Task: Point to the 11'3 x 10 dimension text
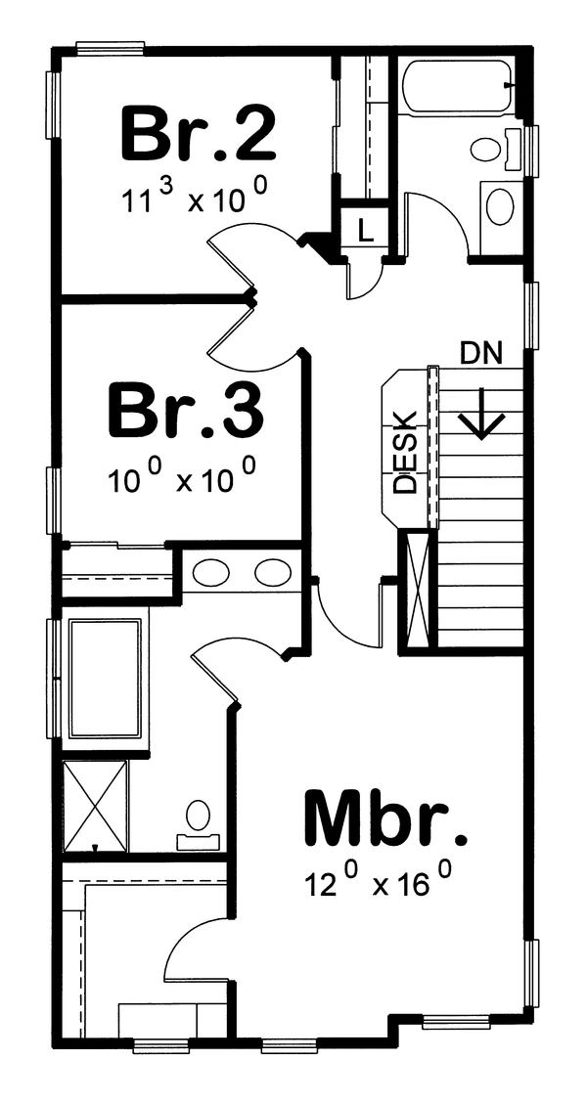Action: coord(196,199)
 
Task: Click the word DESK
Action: coord(404,451)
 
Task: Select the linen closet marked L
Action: coord(364,231)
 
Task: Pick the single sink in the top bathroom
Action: coord(500,206)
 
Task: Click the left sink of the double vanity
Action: coord(210,572)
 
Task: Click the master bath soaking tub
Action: coord(105,679)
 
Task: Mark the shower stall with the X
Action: coord(95,804)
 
